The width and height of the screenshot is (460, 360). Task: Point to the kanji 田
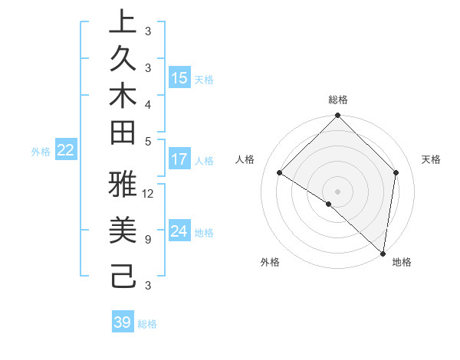pos(123,133)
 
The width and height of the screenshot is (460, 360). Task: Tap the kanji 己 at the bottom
pos(123,273)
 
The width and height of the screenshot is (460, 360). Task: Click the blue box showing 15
pos(179,77)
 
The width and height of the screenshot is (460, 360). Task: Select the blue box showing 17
pos(179,159)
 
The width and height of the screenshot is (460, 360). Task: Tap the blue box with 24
pos(179,231)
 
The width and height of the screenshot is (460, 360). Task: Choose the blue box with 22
pos(65,151)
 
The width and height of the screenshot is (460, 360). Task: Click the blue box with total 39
pos(122,322)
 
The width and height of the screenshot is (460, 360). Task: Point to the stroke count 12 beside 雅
pos(149,193)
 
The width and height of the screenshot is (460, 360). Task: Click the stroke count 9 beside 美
pos(147,240)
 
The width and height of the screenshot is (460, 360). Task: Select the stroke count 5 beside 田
pos(147,140)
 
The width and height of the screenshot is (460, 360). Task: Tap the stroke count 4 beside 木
pos(147,103)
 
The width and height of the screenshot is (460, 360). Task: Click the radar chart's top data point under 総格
pos(337,116)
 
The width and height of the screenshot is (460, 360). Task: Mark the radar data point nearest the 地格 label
pos(383,253)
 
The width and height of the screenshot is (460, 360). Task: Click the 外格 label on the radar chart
pos(270,263)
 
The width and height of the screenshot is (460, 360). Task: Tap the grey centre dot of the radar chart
pos(337,191)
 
